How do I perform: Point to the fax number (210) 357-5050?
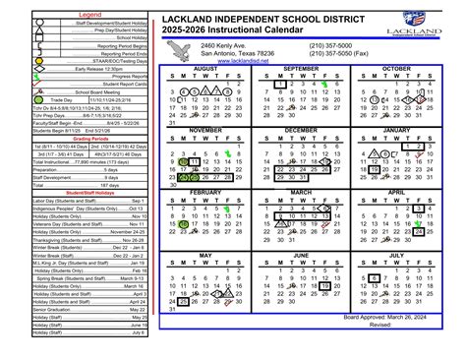click(334, 53)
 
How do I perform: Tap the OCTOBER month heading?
click(397, 69)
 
